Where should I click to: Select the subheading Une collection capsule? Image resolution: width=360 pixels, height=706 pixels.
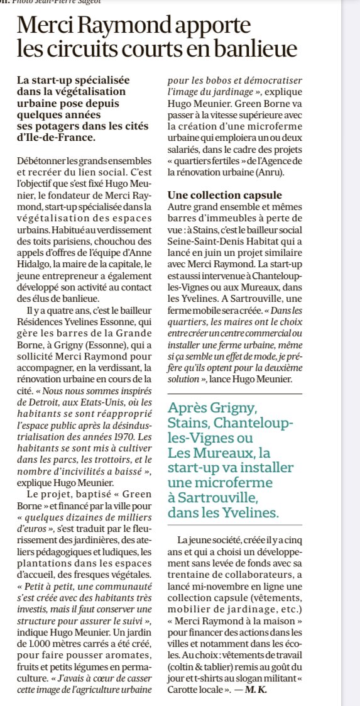click(225, 195)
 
